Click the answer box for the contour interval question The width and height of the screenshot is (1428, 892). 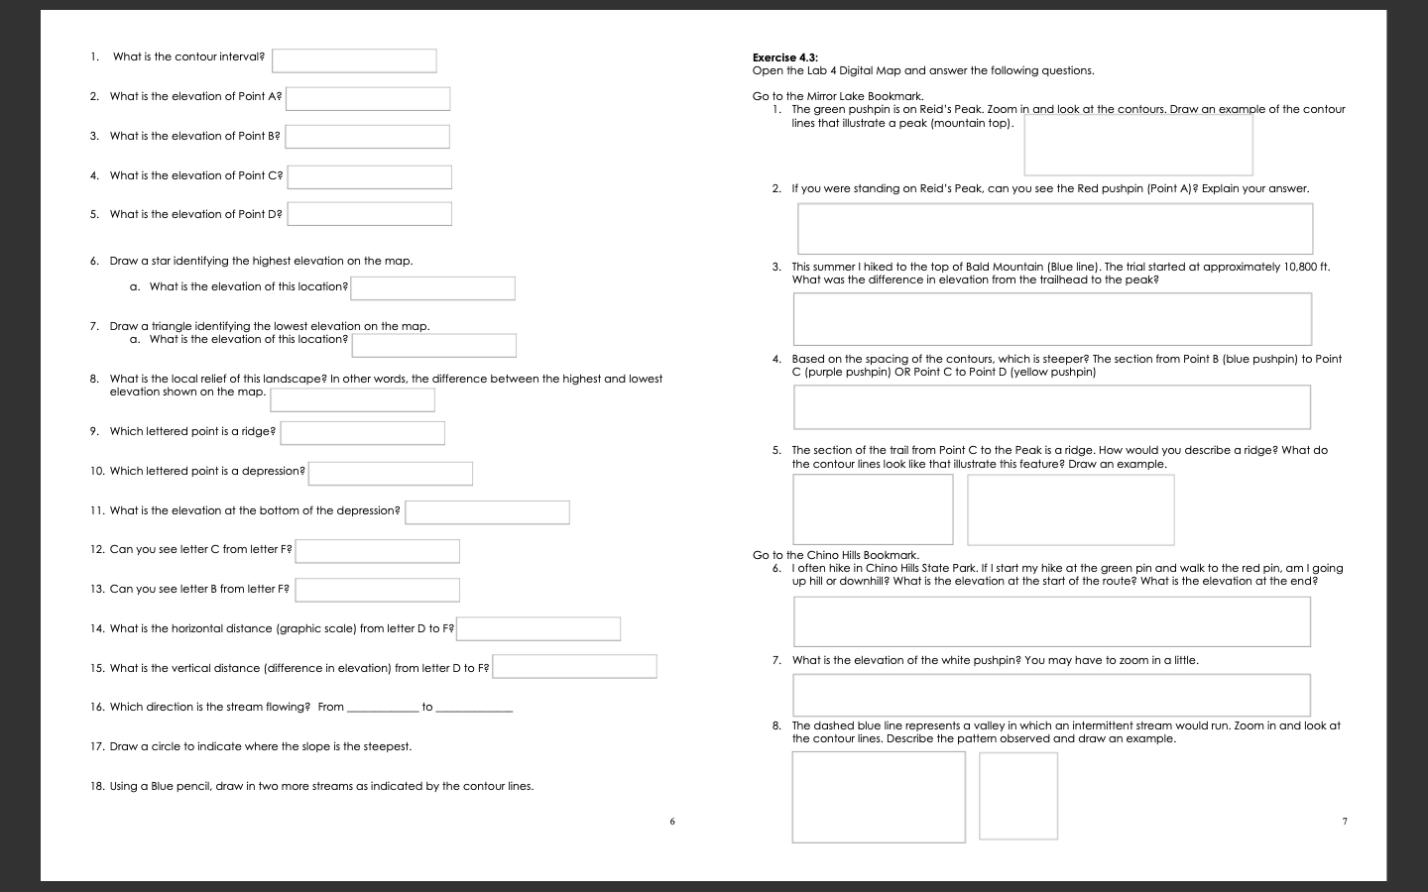pyautogui.click(x=354, y=60)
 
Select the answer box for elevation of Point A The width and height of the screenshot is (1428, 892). pyautogui.click(x=367, y=99)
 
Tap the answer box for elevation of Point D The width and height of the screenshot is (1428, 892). pyautogui.click(x=369, y=214)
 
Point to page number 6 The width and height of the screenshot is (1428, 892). pyautogui.click(x=672, y=821)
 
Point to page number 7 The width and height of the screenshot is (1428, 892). pyautogui.click(x=1345, y=821)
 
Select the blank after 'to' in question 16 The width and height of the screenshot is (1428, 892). pyautogui.click(x=474, y=708)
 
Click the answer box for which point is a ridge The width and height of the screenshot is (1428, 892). pyautogui.click(x=362, y=433)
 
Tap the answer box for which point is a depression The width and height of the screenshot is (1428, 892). pyautogui.click(x=390, y=474)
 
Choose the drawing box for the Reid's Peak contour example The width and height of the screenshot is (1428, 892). pyautogui.click(x=1137, y=146)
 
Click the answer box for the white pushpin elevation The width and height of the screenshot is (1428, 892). pyautogui.click(x=1051, y=695)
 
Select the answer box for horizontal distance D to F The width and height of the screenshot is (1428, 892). pyautogui.click(x=538, y=629)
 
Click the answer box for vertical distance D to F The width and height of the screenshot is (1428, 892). pyautogui.click(x=574, y=667)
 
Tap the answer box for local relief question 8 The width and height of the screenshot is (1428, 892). pyautogui.click(x=352, y=399)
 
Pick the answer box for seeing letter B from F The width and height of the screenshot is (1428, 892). pyautogui.click(x=377, y=590)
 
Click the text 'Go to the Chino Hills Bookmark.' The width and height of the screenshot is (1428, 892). pyautogui.click(x=835, y=555)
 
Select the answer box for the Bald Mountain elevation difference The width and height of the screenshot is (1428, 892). pyautogui.click(x=1051, y=319)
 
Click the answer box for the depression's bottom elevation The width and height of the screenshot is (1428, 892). pyautogui.click(x=487, y=512)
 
